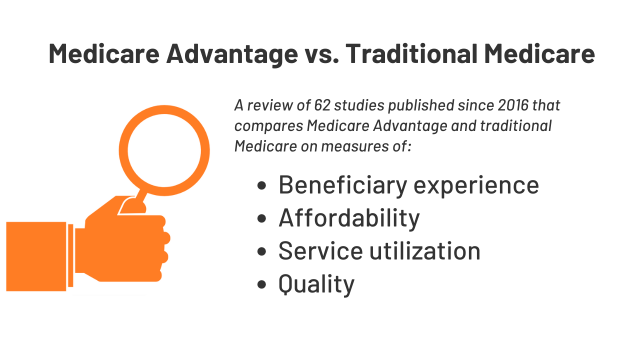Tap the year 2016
(513, 105)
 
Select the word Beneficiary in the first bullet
(343, 185)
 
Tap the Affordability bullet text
(349, 218)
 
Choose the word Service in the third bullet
(320, 251)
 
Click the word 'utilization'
(425, 250)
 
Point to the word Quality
(316, 284)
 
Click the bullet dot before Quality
(261, 284)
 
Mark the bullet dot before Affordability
(261, 218)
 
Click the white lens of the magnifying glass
(164, 150)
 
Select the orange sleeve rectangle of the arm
(36, 256)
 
